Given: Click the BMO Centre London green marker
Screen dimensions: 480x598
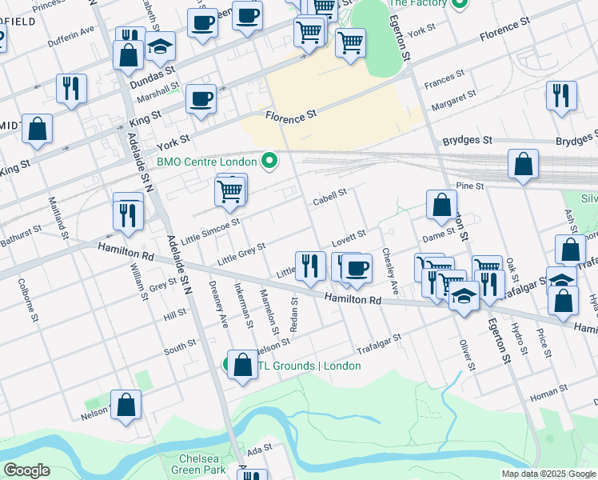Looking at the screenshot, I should pyautogui.click(x=269, y=162).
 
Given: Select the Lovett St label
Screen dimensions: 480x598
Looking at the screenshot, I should pyautogui.click(x=349, y=236).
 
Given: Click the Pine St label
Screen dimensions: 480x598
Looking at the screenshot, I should pyautogui.click(x=470, y=186).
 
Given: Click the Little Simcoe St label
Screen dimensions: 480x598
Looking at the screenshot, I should pyautogui.click(x=210, y=231).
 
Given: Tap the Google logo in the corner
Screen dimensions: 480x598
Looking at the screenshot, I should pyautogui.click(x=26, y=470).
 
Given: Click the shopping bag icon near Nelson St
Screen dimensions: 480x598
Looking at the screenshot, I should pyautogui.click(x=126, y=405).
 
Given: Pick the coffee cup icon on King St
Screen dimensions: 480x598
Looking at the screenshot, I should pyautogui.click(x=201, y=100).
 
